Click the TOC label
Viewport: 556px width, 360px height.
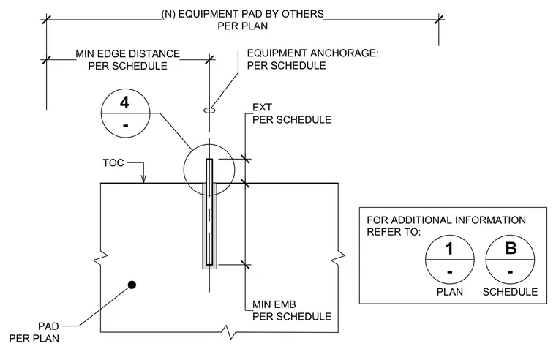tap(113, 162)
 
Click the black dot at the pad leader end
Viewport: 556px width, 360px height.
tap(132, 285)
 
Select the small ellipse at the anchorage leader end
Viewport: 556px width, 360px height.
tap(209, 110)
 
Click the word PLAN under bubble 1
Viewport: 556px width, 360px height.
tap(450, 292)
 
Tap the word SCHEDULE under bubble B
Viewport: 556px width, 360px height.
tap(510, 292)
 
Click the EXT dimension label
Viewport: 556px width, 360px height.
tap(262, 107)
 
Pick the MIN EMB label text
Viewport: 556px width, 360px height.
tap(274, 304)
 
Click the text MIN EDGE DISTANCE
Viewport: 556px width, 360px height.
tap(127, 53)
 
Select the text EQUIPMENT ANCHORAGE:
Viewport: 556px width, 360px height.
tap(313, 53)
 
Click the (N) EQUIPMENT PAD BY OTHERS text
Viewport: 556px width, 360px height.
tap(243, 14)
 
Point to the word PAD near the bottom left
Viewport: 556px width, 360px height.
tap(48, 326)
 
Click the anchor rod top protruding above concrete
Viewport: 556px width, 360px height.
tap(209, 171)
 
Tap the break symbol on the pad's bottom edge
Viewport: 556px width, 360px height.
tap(229, 332)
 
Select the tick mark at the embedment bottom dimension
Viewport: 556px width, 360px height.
tap(245, 265)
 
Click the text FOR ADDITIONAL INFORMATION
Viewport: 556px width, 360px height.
tap(446, 220)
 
